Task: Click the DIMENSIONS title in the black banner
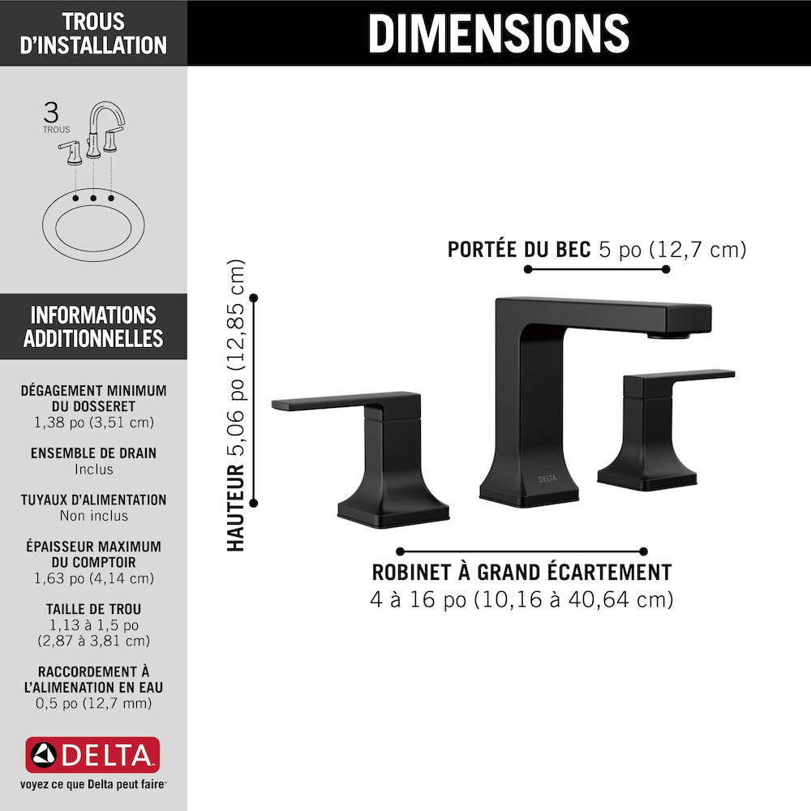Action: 499,33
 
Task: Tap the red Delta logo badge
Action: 92,754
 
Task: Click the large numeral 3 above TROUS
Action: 51,112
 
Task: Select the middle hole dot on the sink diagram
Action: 93,198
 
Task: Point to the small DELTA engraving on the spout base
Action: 547,479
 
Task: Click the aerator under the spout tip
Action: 669,336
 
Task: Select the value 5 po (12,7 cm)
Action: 673,250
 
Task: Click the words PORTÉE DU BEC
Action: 519,250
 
